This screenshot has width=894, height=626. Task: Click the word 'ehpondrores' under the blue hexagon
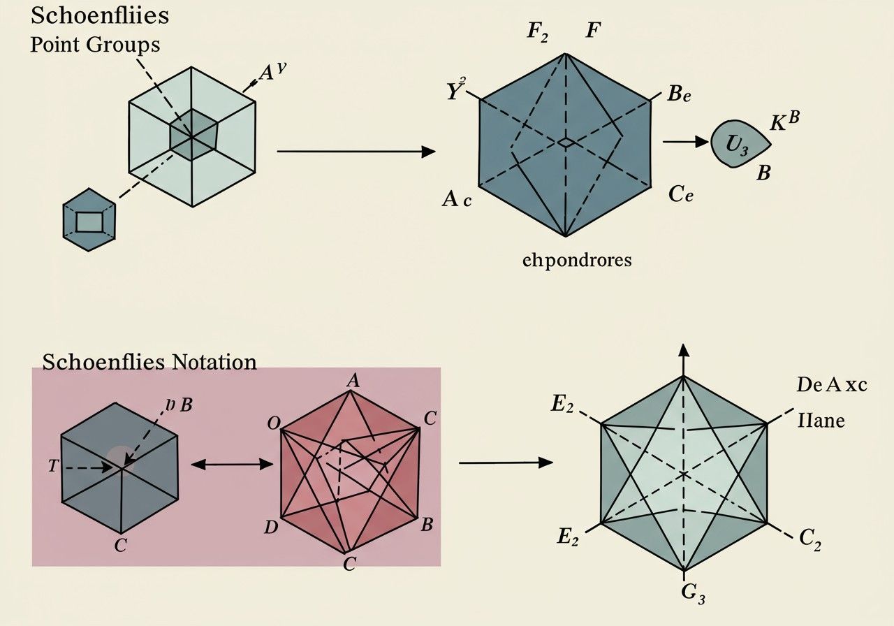click(x=577, y=261)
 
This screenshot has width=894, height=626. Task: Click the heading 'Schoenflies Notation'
click(x=149, y=362)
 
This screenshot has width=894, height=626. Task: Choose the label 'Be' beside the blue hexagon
click(x=678, y=95)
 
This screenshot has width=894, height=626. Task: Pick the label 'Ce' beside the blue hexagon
click(x=680, y=194)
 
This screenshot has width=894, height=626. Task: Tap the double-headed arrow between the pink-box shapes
click(x=231, y=463)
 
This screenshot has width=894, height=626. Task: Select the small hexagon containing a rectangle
click(x=89, y=220)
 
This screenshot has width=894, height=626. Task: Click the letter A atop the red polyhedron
click(x=353, y=380)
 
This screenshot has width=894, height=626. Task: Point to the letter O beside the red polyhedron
click(x=274, y=423)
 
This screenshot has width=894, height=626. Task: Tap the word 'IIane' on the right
click(x=821, y=421)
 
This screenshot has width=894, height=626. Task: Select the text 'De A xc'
click(x=832, y=384)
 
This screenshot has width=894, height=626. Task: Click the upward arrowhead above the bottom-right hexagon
click(x=683, y=351)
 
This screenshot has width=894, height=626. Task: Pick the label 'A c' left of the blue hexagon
click(x=457, y=200)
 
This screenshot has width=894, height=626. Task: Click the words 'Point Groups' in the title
click(x=95, y=45)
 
